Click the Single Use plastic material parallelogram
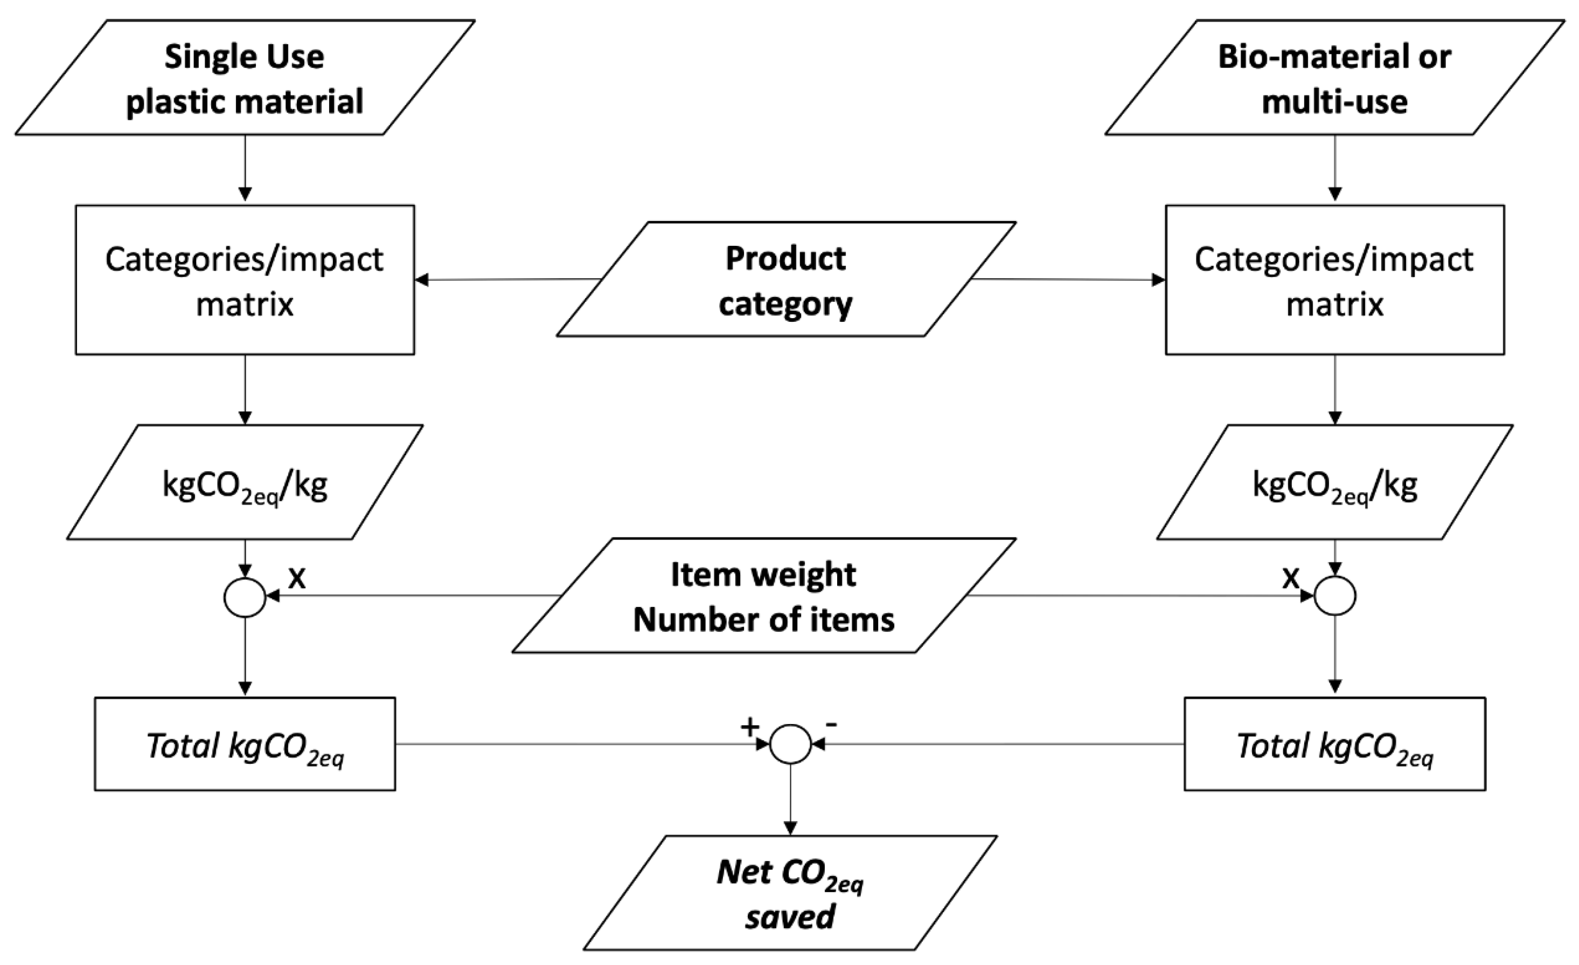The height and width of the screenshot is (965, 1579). coord(245,78)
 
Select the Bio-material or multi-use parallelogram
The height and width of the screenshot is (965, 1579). coord(1334,78)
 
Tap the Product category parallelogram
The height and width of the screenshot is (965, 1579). coord(785,280)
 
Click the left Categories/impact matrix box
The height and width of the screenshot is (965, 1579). coord(245,280)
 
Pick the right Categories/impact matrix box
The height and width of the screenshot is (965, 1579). coord(1334,280)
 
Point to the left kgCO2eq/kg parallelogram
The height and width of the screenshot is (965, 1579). coord(245,482)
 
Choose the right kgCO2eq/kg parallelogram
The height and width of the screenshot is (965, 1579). coord(1334,482)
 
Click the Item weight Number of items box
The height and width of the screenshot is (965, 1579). coord(764,596)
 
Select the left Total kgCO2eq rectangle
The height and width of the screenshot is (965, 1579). coord(245,744)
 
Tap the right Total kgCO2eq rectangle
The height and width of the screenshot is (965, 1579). coord(1334,744)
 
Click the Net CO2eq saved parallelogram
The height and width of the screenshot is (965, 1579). coord(790,893)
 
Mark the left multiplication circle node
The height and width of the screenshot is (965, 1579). coord(245,597)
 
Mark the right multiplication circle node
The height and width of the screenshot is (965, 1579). coord(1335,596)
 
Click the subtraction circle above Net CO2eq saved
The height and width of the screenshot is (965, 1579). coord(790,744)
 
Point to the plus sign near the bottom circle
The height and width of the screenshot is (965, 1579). coord(750,727)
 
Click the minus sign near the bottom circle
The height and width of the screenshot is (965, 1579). coord(831,725)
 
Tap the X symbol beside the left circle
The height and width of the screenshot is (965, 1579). coord(297,578)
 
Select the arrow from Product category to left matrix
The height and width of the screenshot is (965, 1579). coord(506,280)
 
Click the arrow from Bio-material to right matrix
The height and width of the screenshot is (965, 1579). coord(1335,168)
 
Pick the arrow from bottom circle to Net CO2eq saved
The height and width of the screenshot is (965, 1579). coord(790,798)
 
